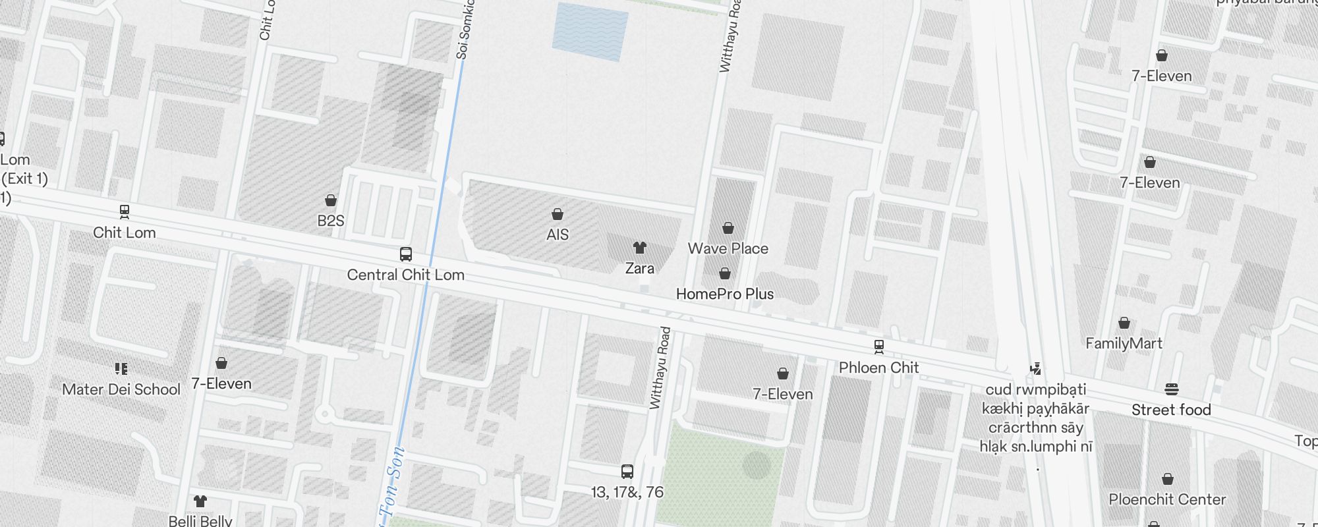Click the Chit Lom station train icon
click(x=124, y=211)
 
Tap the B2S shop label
click(x=331, y=221)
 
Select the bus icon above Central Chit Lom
click(x=406, y=254)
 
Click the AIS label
click(x=558, y=235)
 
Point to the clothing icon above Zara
click(x=639, y=248)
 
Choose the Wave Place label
click(x=728, y=248)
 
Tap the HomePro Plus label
click(x=725, y=294)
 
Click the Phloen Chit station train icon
click(x=878, y=347)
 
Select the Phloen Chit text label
click(x=878, y=368)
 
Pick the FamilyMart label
click(x=1124, y=343)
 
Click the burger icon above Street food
click(x=1171, y=389)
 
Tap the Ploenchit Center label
click(x=1167, y=499)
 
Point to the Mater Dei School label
click(x=121, y=389)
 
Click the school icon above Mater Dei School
click(x=121, y=368)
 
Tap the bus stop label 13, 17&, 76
click(x=627, y=492)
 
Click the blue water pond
click(x=590, y=32)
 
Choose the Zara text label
click(x=640, y=268)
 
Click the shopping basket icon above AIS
click(x=558, y=214)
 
